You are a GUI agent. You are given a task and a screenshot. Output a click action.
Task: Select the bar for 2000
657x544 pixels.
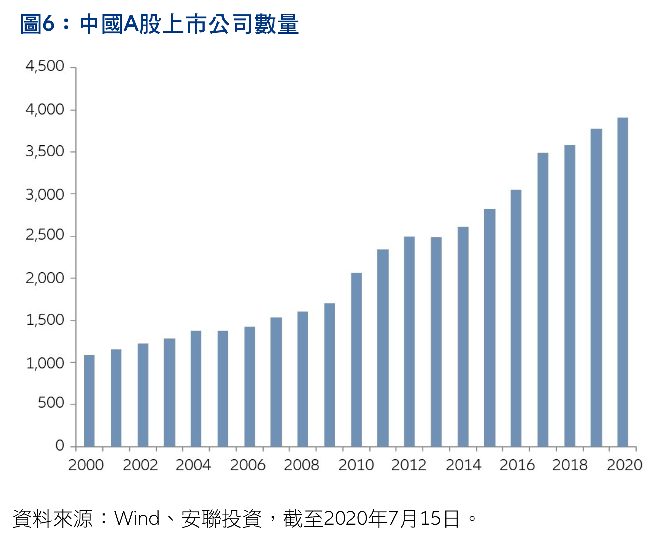(x=89, y=401)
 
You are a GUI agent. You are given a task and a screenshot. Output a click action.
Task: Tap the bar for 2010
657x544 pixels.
(x=356, y=360)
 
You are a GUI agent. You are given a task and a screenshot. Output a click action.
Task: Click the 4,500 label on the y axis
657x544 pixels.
(x=45, y=66)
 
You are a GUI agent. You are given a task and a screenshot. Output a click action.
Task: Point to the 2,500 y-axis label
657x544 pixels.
(x=45, y=235)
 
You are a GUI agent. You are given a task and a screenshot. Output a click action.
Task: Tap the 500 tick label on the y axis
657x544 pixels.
(x=51, y=403)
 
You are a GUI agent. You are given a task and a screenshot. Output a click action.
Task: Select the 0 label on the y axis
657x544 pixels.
(x=60, y=446)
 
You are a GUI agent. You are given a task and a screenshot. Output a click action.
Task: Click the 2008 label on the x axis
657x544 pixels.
(x=302, y=465)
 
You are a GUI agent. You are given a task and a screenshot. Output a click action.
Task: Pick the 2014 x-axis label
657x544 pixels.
(x=463, y=465)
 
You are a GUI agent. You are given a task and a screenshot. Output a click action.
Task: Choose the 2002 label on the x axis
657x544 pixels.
(x=140, y=465)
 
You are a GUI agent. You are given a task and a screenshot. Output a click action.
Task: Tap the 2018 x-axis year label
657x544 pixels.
(x=570, y=465)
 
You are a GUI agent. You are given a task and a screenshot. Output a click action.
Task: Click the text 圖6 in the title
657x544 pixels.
(x=37, y=24)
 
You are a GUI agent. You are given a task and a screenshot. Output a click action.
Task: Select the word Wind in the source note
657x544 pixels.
(x=137, y=518)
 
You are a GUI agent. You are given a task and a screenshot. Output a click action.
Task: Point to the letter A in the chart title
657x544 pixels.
(x=131, y=24)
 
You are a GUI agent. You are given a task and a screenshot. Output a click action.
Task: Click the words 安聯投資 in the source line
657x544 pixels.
(x=221, y=518)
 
